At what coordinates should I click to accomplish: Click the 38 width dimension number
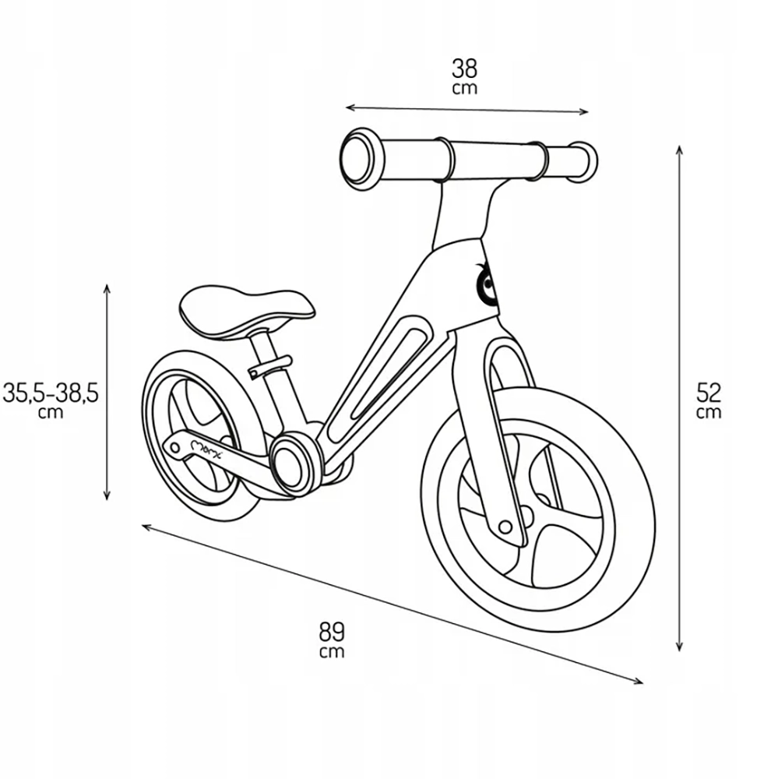pos(464,69)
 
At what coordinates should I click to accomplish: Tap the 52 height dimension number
pos(709,393)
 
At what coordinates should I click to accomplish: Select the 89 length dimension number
pos(332,633)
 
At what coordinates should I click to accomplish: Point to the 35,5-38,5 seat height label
pos(51,393)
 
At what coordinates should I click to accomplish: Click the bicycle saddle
pos(247,312)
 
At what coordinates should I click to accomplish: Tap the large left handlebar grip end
pos(362,159)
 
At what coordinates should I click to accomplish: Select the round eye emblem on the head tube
pos(485,284)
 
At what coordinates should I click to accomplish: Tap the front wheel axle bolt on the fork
pos(505,527)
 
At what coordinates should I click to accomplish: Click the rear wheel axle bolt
pos(175,448)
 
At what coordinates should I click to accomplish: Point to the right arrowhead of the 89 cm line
pos(637,682)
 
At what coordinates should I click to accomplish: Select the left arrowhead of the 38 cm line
pos(350,108)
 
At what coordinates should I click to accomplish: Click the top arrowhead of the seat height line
pos(107,289)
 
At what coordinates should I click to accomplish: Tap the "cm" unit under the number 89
pos(332,652)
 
